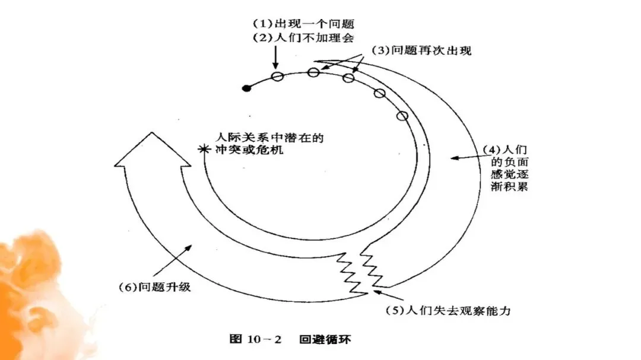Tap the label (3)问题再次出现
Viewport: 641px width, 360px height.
tap(421, 51)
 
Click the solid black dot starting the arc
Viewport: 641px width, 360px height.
tap(247, 88)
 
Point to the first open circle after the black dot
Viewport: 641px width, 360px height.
tap(277, 76)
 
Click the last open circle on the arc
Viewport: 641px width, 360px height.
tap(402, 116)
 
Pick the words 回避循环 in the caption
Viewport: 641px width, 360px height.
tap(327, 340)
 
